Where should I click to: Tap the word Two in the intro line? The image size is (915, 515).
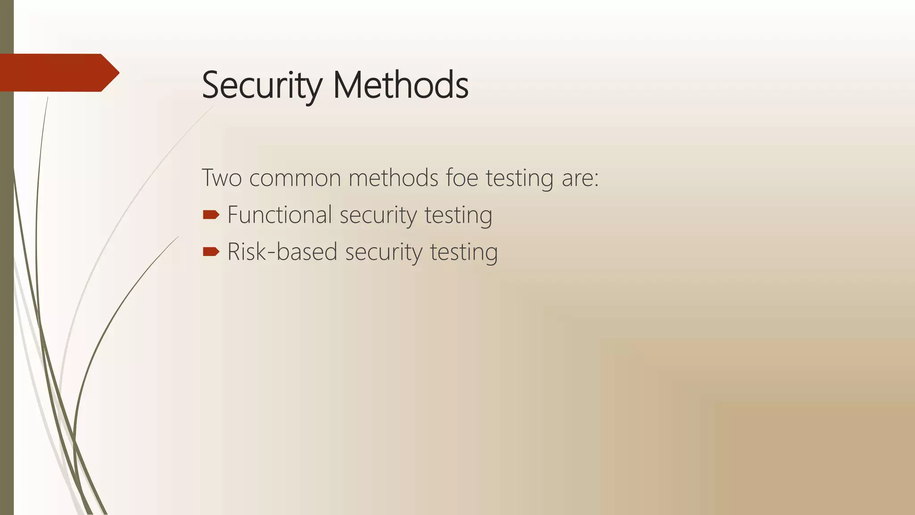click(x=222, y=177)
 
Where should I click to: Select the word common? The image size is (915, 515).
click(x=295, y=178)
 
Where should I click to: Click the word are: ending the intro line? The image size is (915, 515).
click(x=580, y=178)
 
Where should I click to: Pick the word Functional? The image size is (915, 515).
click(x=279, y=215)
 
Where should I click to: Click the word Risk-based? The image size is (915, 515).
click(x=282, y=252)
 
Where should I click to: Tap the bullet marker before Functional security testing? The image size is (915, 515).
click(x=211, y=215)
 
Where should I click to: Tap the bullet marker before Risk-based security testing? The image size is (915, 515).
click(x=211, y=252)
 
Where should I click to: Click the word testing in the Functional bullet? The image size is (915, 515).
click(x=458, y=215)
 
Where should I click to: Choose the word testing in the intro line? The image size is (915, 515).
click(x=519, y=178)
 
